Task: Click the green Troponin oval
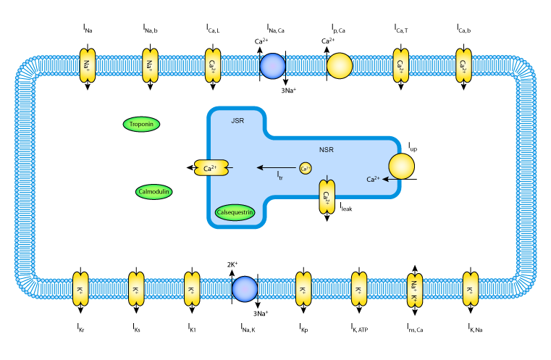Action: tap(141, 124)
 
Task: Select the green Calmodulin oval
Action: tap(154, 192)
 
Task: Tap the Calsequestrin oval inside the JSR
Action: tap(235, 212)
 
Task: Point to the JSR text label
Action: tap(237, 121)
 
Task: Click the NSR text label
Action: tap(326, 150)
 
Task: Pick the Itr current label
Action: tap(279, 175)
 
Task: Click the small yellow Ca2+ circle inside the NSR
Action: tap(306, 168)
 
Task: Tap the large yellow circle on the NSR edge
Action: tap(401, 167)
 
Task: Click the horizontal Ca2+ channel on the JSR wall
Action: tap(211, 168)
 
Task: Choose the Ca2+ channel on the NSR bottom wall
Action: tap(327, 196)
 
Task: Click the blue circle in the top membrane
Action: tap(272, 66)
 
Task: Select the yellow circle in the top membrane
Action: tap(340, 66)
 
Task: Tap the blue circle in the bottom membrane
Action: tap(245, 289)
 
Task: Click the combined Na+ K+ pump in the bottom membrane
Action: tap(415, 290)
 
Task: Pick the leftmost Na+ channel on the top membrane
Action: tap(87, 66)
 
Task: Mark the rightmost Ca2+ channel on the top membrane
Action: tap(463, 66)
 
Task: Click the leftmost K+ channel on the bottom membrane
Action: tap(80, 289)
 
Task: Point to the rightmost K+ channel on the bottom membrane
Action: tap(471, 289)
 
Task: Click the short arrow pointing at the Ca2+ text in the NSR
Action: tap(390, 178)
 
